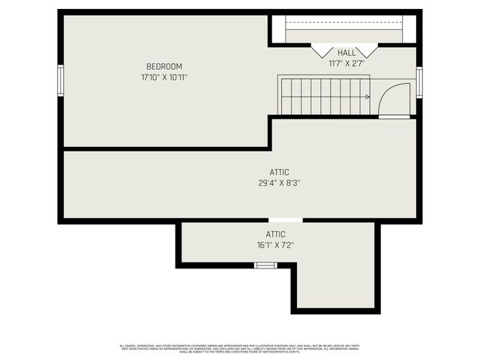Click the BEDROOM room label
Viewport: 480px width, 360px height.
pyautogui.click(x=163, y=67)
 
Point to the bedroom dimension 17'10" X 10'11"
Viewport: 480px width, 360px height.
pyautogui.click(x=163, y=77)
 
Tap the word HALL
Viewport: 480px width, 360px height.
pyautogui.click(x=346, y=52)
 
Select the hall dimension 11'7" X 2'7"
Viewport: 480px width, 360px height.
pyautogui.click(x=346, y=63)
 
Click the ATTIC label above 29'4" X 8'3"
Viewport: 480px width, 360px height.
pyautogui.click(x=278, y=172)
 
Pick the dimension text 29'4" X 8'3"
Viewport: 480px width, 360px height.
pyautogui.click(x=278, y=183)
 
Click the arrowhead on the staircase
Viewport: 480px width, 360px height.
pyautogui.click(x=367, y=97)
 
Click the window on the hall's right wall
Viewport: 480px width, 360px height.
pyautogui.click(x=419, y=82)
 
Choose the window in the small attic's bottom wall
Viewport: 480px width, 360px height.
pyautogui.click(x=265, y=265)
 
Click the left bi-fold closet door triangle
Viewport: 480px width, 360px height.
pyautogui.click(x=323, y=50)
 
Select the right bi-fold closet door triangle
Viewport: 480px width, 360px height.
pyautogui.click(x=367, y=50)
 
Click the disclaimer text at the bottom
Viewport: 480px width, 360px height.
pyautogui.click(x=240, y=348)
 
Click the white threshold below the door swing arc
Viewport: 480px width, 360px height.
pyautogui.click(x=394, y=117)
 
